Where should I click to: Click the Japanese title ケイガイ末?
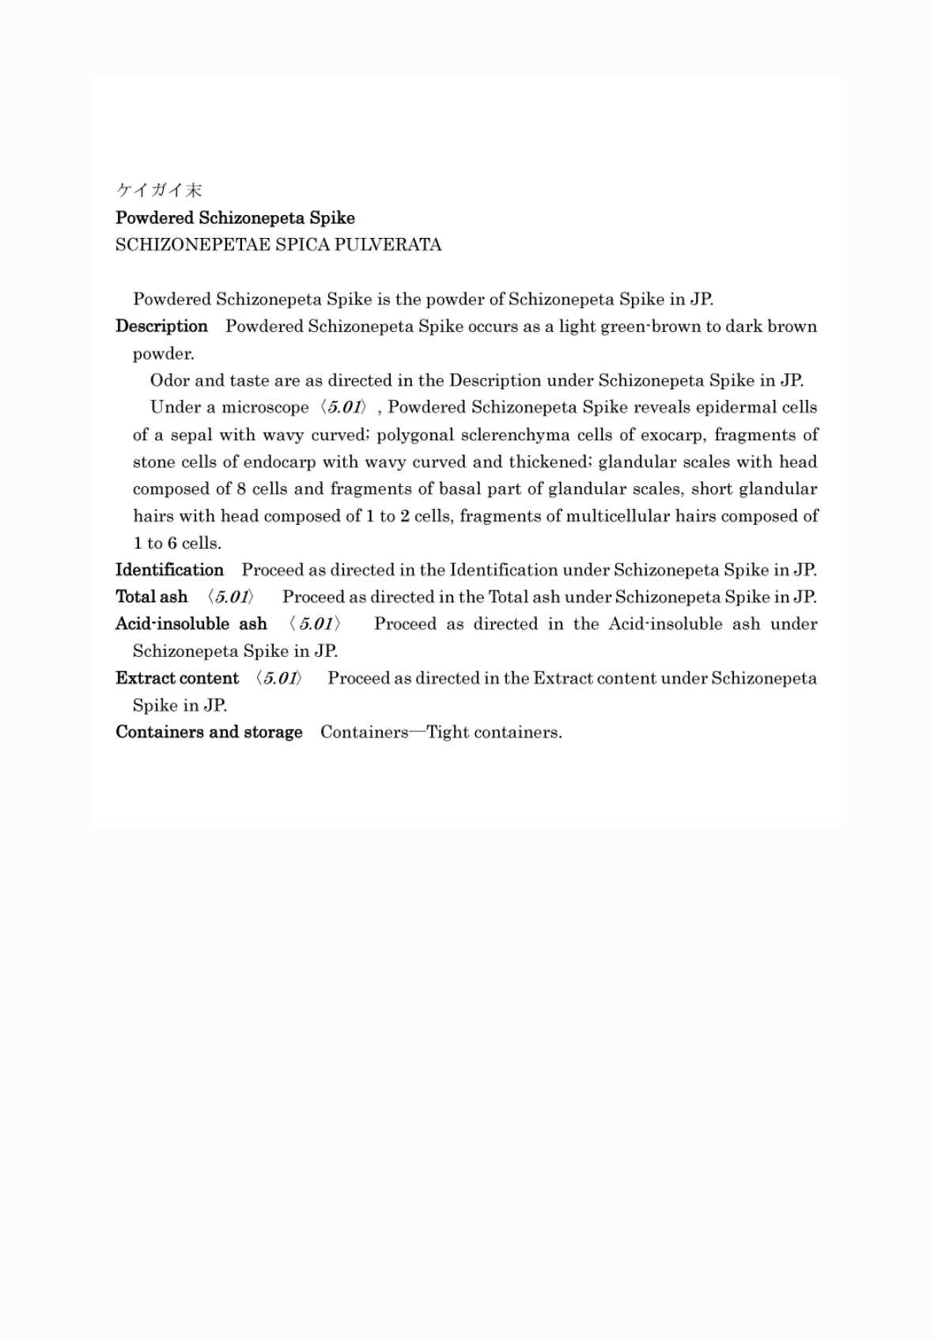click(x=159, y=190)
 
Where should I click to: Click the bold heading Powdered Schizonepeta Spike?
click(x=235, y=217)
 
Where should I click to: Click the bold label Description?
click(x=161, y=326)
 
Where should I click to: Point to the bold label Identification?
click(x=169, y=569)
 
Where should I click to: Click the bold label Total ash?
click(x=152, y=596)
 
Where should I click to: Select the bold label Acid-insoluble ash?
click(x=191, y=624)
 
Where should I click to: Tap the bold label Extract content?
click(x=177, y=678)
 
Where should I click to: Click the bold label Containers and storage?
click(x=209, y=731)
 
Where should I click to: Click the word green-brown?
click(x=651, y=327)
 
